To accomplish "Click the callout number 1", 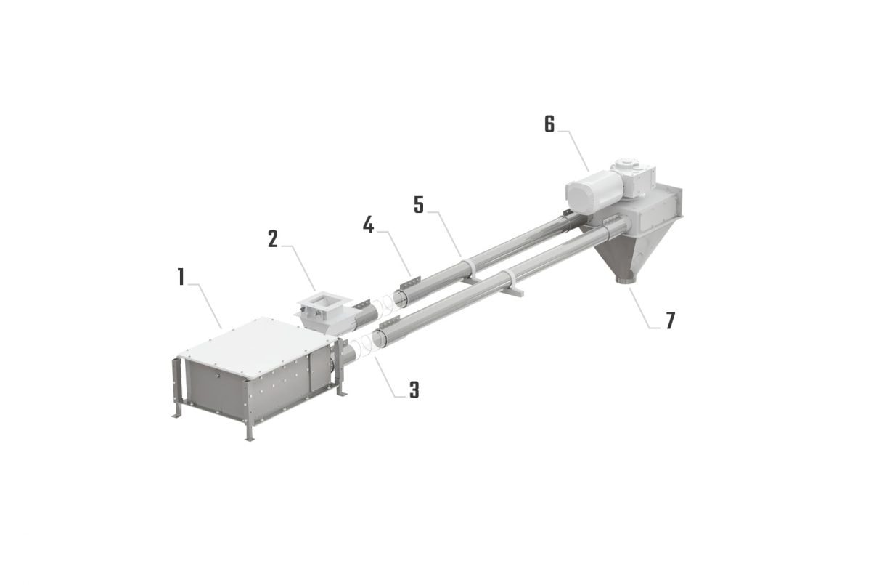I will tap(181, 277).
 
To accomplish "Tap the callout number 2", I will tap(272, 239).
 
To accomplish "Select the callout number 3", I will tap(414, 390).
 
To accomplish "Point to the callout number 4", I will tap(369, 225).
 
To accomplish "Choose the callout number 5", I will tap(419, 205).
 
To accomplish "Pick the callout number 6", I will tap(549, 124).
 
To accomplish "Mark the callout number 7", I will tap(670, 320).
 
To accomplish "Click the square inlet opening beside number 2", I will tap(320, 300).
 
